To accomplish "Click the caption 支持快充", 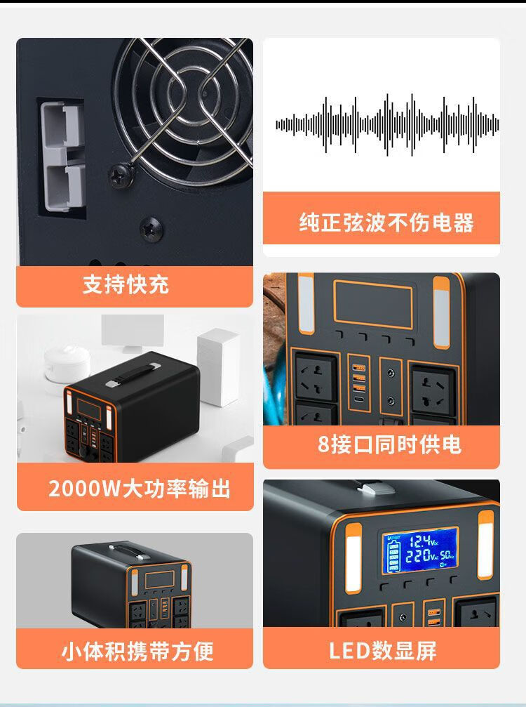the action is (126, 284).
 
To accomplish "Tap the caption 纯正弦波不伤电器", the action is (386, 223).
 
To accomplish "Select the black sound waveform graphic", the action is (387, 125).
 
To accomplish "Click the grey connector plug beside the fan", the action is (62, 156).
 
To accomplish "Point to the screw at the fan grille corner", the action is (121, 175).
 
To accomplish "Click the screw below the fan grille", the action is (151, 229).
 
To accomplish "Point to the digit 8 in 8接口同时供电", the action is (324, 444).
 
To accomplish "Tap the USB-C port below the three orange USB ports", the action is (359, 400).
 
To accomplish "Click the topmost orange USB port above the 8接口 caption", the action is (359, 366).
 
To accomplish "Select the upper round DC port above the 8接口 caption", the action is (391, 374).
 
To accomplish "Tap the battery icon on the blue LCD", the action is (394, 556).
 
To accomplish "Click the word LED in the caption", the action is (349, 651).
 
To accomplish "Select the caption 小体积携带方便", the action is (137, 651).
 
